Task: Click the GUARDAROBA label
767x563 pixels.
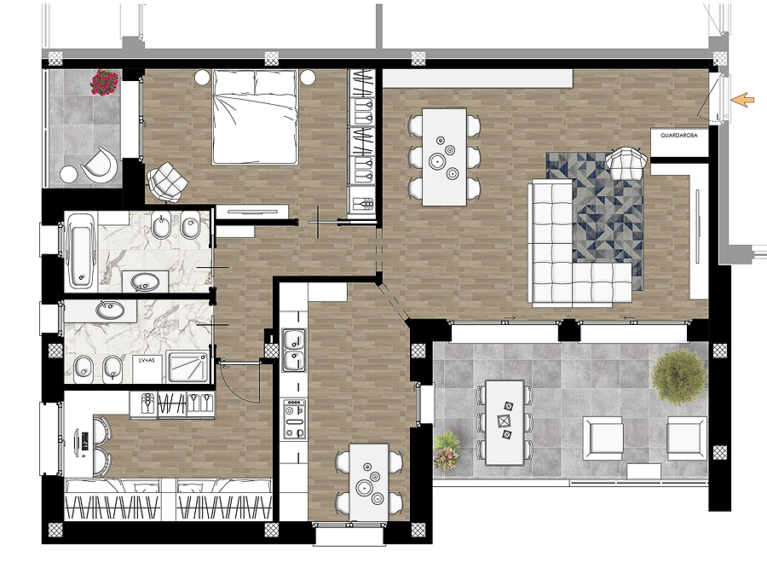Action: (x=679, y=136)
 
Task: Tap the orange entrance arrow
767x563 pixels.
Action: (x=742, y=100)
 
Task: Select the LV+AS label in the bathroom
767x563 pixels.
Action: (x=147, y=360)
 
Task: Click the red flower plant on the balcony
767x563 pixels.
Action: (x=104, y=82)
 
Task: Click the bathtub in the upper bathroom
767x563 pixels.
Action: (x=81, y=250)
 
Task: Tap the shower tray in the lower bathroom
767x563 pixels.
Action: (x=187, y=367)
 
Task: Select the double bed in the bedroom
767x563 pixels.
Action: (x=255, y=117)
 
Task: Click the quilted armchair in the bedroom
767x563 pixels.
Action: (x=166, y=182)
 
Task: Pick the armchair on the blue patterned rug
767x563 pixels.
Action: (x=626, y=163)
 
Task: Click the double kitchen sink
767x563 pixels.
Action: (x=293, y=350)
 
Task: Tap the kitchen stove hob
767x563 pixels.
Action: (x=295, y=419)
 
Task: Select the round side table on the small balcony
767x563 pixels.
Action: (x=68, y=175)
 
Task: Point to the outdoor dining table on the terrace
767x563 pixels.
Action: (x=505, y=422)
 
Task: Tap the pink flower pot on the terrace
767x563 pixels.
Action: (x=447, y=450)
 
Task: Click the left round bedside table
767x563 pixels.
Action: (x=203, y=77)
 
